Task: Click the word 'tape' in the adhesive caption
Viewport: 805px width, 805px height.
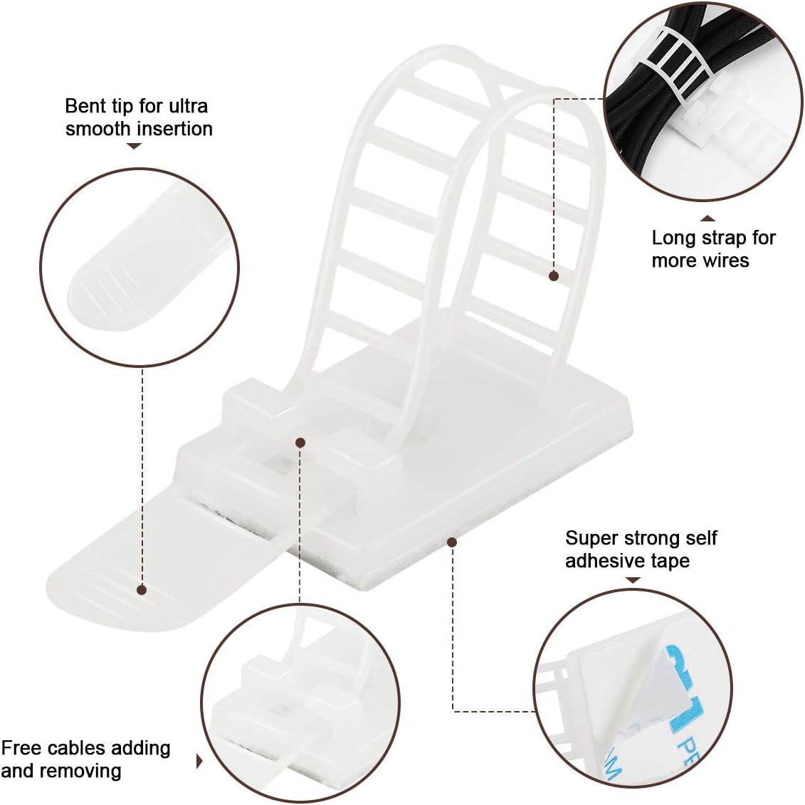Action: [670, 561]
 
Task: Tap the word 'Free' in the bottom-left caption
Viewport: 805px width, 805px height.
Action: [20, 748]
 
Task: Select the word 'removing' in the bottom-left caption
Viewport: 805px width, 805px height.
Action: [83, 771]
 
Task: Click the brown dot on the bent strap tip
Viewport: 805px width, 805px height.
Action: [142, 590]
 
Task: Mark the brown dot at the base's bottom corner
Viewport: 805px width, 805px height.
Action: [451, 542]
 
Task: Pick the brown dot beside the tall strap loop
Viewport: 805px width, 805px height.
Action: [554, 275]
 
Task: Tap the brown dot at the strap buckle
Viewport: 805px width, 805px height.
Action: [300, 442]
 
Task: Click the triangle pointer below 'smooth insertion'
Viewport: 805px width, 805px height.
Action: [134, 147]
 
